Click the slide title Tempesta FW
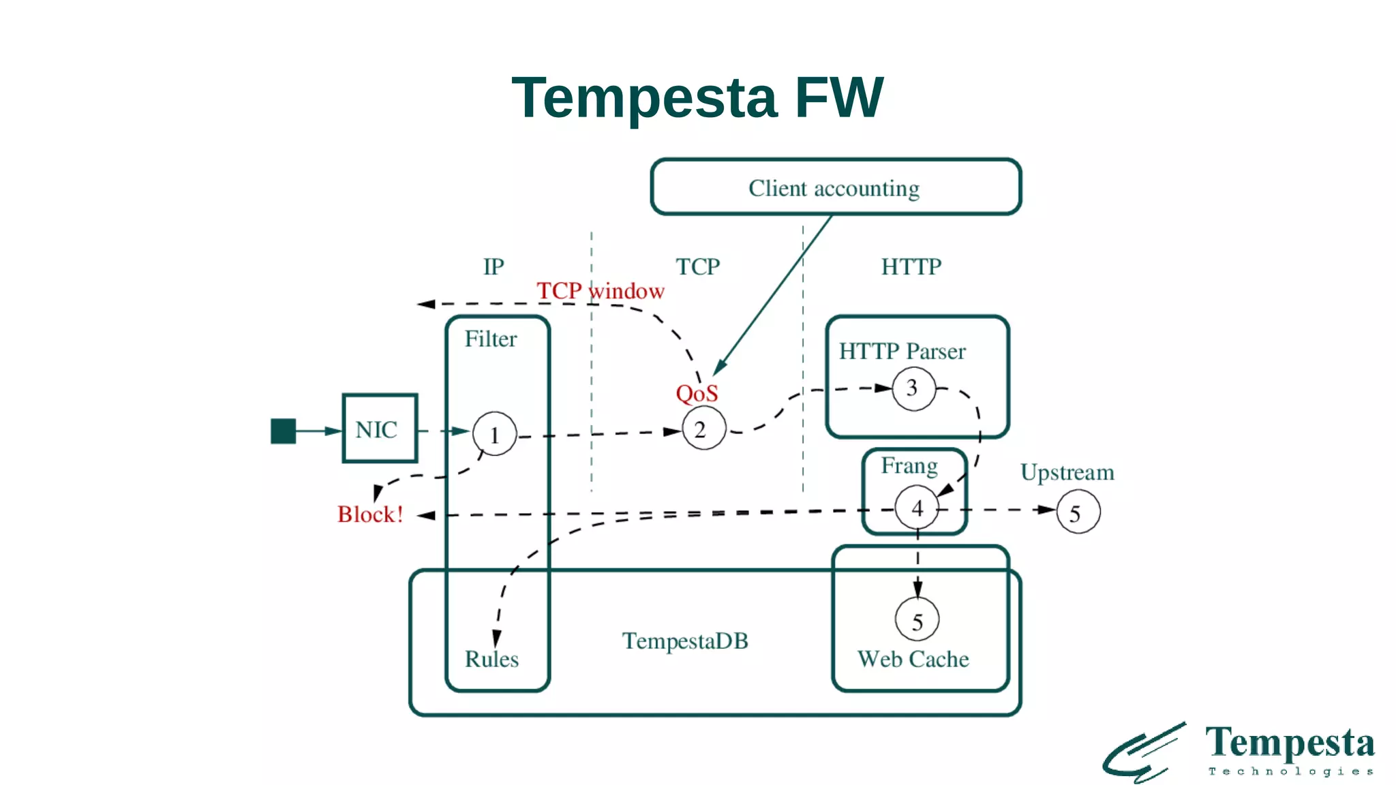(697, 98)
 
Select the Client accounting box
(835, 187)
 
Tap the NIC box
(379, 429)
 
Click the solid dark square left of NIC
(283, 431)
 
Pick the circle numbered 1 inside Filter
(495, 434)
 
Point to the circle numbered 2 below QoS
(703, 429)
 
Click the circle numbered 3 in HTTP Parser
(913, 388)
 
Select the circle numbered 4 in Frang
(917, 508)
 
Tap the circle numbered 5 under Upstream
(1078, 512)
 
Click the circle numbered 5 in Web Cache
(917, 620)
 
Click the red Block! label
(370, 514)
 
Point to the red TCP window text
(600, 291)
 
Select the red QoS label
(697, 393)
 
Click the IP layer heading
(494, 266)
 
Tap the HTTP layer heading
(911, 266)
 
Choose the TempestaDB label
(684, 641)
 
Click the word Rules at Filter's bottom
(491, 659)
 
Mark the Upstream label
(1067, 472)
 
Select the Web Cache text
(913, 659)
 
